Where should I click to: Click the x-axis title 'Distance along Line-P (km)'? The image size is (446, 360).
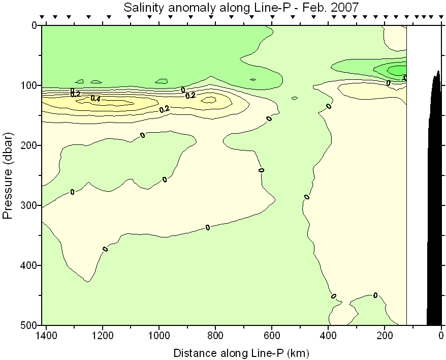click(241, 352)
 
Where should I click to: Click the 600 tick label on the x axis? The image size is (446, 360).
click(272, 336)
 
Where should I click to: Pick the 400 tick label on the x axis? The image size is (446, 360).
click(328, 336)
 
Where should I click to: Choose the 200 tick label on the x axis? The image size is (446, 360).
click(385, 336)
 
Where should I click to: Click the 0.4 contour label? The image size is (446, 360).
click(95, 99)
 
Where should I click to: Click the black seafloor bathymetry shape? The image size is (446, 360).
click(434, 203)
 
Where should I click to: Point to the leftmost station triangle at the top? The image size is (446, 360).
click(43, 17)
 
